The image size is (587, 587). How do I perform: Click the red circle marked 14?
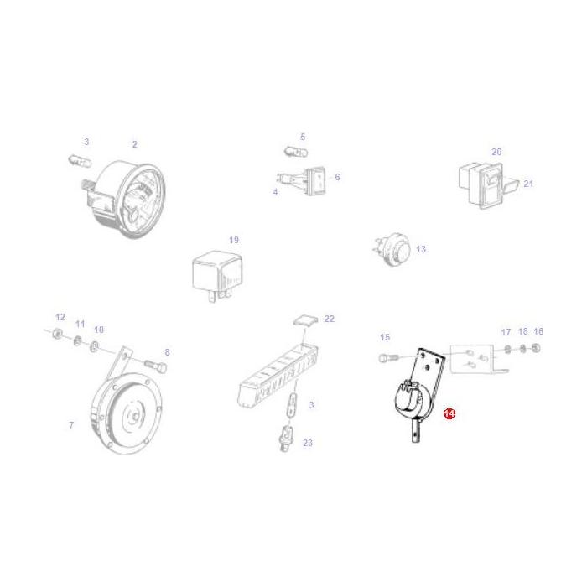pyautogui.click(x=449, y=414)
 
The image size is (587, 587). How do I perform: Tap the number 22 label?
pyautogui.click(x=329, y=319)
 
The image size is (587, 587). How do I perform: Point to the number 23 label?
pyautogui.click(x=308, y=443)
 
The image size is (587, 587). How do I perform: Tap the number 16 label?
pyautogui.click(x=538, y=331)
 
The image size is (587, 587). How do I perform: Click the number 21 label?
pyautogui.click(x=528, y=183)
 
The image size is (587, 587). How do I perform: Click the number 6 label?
pyautogui.click(x=336, y=177)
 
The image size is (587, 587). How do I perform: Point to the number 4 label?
pyautogui.click(x=274, y=192)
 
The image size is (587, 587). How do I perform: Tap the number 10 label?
pyautogui.click(x=99, y=330)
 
